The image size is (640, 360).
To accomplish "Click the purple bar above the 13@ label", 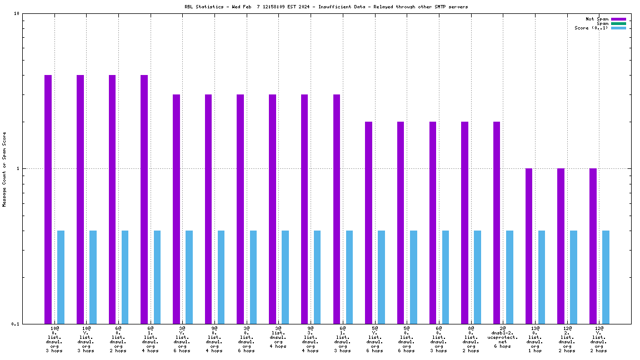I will point(529,246).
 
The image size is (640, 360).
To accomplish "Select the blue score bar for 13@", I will point(542,277).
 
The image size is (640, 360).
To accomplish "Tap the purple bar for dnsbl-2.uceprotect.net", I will point(497,222).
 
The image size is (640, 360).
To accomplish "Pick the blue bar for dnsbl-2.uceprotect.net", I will point(509,277).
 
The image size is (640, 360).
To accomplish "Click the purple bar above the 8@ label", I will point(464,222).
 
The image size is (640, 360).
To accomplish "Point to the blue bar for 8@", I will point(477,277).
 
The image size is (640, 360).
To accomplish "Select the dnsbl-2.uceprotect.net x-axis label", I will point(503,337).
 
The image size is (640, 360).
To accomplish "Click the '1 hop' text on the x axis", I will point(535,351).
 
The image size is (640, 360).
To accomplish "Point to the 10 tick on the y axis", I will point(16,14).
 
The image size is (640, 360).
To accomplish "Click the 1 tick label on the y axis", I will point(18,169).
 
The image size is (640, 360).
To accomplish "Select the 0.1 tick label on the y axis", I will point(15,324).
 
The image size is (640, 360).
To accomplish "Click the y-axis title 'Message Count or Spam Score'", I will point(4,169).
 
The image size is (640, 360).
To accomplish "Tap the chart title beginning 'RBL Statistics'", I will point(326,7).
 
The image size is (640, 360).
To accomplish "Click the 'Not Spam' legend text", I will point(597,19).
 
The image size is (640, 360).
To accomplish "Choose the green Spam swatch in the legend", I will point(618,23).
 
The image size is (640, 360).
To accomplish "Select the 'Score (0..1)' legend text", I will point(591,28).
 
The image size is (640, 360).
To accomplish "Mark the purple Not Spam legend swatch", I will point(618,19).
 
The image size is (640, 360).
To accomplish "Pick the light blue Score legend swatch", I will point(618,28).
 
